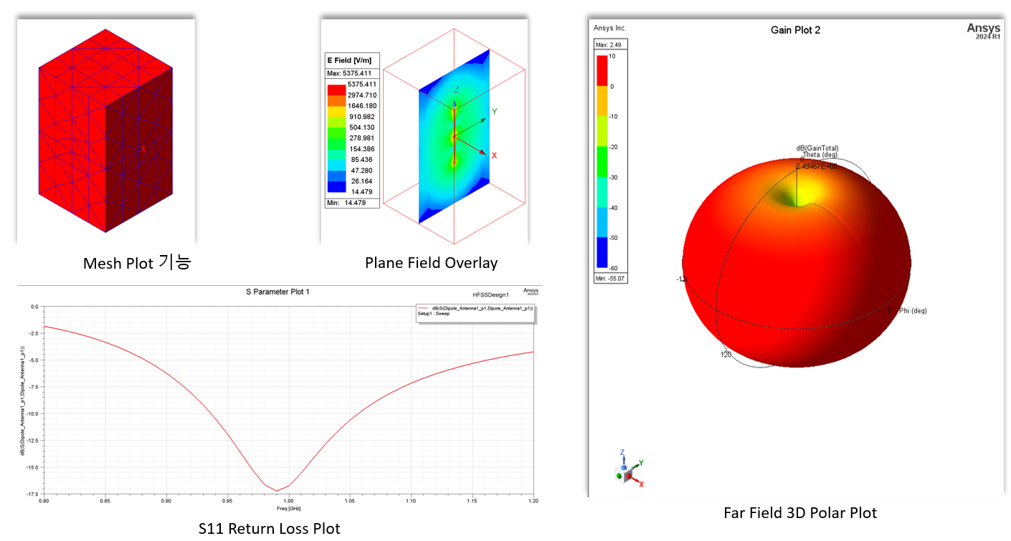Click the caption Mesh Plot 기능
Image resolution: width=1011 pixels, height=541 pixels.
click(136, 263)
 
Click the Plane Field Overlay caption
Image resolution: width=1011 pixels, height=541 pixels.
click(431, 263)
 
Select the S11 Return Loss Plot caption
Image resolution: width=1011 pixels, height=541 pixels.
click(269, 529)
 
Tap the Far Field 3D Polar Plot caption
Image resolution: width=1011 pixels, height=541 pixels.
click(800, 513)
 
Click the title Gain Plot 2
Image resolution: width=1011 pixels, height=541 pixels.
click(795, 29)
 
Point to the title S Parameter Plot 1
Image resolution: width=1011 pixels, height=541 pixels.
click(277, 292)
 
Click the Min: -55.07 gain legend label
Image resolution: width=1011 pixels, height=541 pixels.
click(611, 278)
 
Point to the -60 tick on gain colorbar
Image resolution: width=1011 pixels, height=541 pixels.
click(614, 267)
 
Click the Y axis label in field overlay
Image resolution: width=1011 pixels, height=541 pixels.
click(494, 112)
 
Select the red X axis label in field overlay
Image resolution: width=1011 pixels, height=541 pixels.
click(494, 155)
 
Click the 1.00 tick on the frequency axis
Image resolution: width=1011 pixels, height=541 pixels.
click(288, 502)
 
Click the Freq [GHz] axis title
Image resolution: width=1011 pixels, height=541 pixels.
click(288, 508)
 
